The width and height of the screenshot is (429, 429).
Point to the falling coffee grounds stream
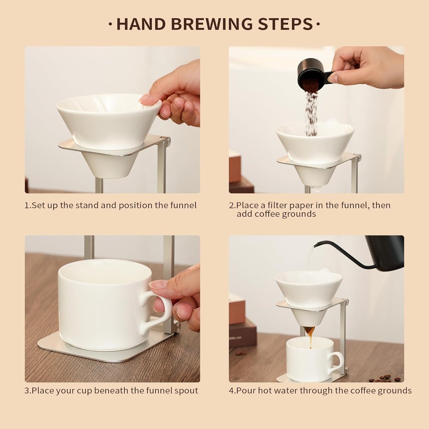(x=311, y=113)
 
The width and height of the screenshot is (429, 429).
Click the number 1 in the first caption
(x=27, y=205)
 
